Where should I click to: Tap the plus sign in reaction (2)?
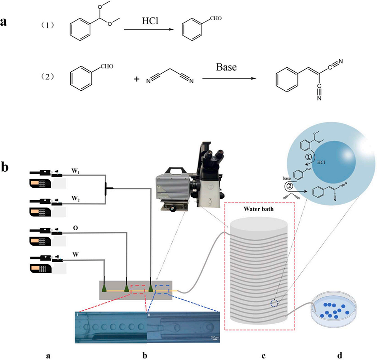pyautogui.click(x=137, y=79)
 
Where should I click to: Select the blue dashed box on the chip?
pyautogui.click(x=163, y=290)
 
